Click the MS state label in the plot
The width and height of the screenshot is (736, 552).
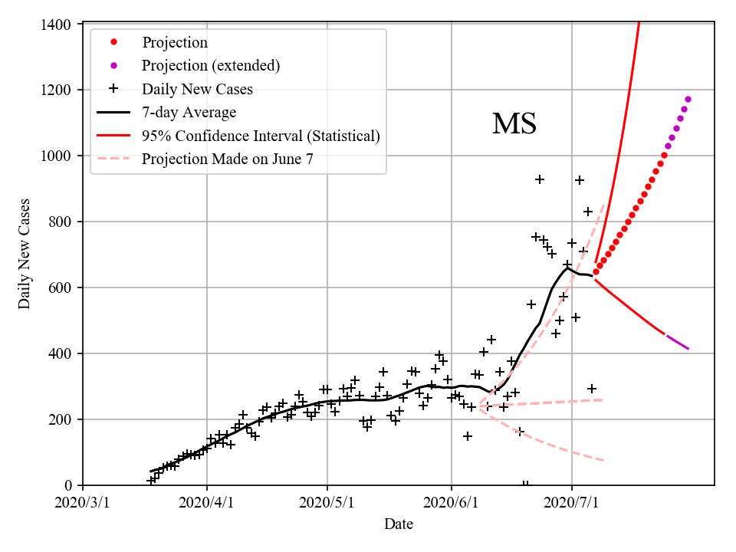[x=514, y=124]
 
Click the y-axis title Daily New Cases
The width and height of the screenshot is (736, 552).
[x=25, y=255]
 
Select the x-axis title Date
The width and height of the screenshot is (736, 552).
[x=399, y=524]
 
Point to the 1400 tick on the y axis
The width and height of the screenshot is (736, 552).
[x=59, y=25]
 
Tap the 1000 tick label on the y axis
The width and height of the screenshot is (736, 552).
[x=59, y=156]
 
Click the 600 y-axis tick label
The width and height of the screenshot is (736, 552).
[x=62, y=288]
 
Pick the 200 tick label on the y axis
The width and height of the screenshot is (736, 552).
[x=62, y=420]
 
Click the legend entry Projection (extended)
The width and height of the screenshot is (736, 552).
[x=210, y=66]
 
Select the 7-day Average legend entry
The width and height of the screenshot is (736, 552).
[x=189, y=113]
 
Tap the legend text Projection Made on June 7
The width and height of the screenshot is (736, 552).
[x=228, y=159]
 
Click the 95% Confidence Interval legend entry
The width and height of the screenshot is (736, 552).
[x=261, y=136]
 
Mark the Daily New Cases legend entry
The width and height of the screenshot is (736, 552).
[x=197, y=90]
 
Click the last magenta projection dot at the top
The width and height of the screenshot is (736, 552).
[x=688, y=100]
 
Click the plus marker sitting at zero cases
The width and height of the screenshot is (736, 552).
[x=525, y=485]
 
